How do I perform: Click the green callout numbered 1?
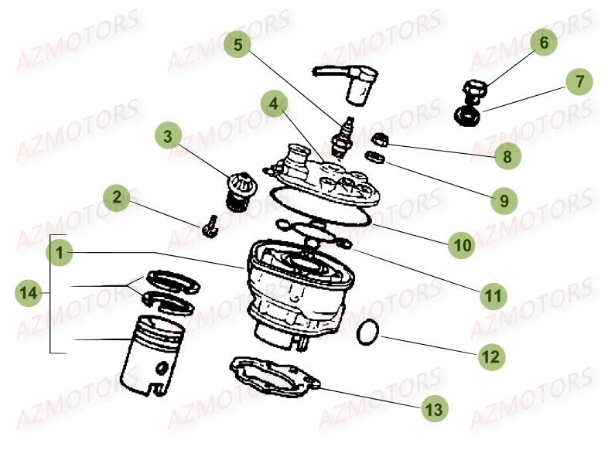60,252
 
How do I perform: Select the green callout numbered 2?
116,197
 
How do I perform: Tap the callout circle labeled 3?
169,138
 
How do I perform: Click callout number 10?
463,245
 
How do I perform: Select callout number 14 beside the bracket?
29,292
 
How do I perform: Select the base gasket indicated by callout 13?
275,377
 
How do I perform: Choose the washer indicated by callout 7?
467,117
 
